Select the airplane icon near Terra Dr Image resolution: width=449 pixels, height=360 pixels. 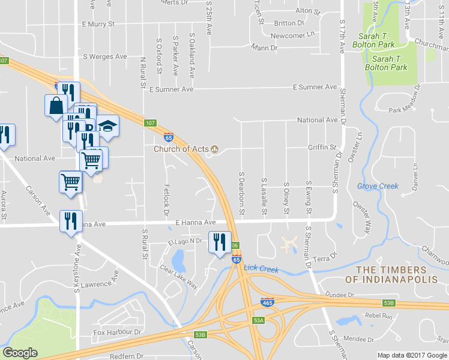pos(289,244)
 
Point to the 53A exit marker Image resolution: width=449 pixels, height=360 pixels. pos(258,321)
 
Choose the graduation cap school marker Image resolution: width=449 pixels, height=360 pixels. pos(109,126)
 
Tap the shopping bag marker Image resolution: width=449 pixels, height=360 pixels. pos(56,105)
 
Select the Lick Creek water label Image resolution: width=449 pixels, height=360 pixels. pos(262,269)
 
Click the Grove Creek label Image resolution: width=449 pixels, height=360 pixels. pos(378,186)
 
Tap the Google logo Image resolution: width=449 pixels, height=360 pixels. pos(20,352)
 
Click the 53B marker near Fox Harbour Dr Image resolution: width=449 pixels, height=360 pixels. pos(200,334)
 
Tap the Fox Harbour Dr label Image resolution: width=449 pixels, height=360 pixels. pos(117,332)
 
